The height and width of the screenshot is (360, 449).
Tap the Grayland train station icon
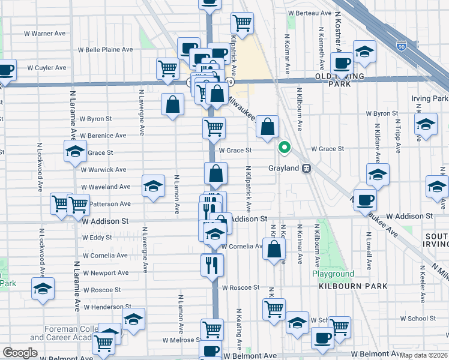[307, 169]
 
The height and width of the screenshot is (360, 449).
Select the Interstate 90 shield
[401, 46]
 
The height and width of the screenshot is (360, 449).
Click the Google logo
[20, 353]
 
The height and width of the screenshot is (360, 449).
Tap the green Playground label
[333, 274]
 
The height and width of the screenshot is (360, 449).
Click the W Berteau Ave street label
[310, 13]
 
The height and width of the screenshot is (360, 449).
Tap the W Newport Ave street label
[106, 272]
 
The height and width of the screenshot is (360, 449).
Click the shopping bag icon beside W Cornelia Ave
[274, 250]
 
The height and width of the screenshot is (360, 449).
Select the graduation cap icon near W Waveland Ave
[153, 186]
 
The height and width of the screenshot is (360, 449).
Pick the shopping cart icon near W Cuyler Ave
[167, 68]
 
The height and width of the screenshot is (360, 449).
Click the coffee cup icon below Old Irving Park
[343, 63]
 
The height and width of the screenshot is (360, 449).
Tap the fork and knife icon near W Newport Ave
[211, 265]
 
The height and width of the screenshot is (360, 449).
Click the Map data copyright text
[424, 355]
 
